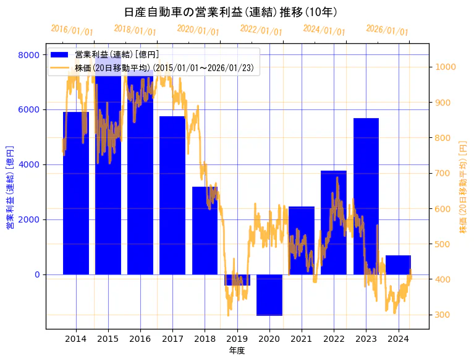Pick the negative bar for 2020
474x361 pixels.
(x=269, y=295)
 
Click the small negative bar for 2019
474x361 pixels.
(x=237, y=280)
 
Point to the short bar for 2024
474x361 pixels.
(x=398, y=265)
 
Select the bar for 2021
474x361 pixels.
(x=302, y=240)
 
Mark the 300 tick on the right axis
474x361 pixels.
(x=443, y=315)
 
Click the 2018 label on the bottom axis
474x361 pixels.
(x=205, y=339)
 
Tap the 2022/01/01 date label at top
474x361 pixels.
(x=261, y=30)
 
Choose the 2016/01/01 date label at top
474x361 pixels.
(x=72, y=30)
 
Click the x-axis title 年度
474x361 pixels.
(x=237, y=350)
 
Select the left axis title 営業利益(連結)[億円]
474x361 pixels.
(x=9, y=187)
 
